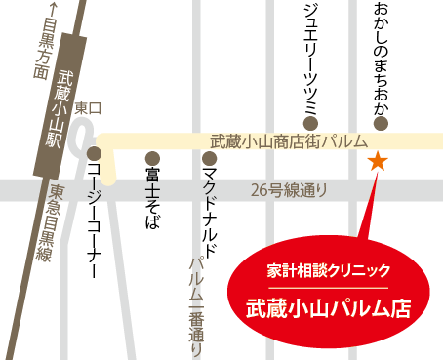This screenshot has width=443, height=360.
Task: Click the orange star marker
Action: point(376,161)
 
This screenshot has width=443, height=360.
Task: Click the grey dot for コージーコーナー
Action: point(95,153)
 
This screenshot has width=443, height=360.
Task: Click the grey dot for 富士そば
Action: point(151,156)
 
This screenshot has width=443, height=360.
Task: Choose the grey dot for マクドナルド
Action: point(209,156)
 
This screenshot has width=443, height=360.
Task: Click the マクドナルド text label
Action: point(209,211)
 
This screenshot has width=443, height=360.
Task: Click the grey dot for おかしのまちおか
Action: point(381,124)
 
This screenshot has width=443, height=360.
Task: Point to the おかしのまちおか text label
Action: point(381,57)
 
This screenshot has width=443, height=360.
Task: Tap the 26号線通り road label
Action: point(289,189)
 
